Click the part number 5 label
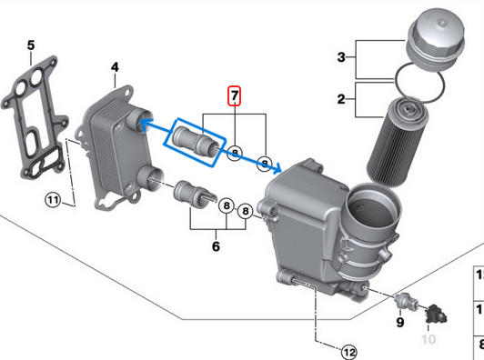pyautogui.click(x=31, y=45)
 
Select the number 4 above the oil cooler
pyautogui.click(x=116, y=67)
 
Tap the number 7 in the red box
pyautogui.click(x=235, y=95)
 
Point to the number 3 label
pyautogui.click(x=341, y=57)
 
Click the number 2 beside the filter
pyautogui.click(x=341, y=98)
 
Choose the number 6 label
pyautogui.click(x=217, y=245)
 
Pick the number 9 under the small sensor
pyautogui.click(x=398, y=323)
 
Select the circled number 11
pyautogui.click(x=53, y=199)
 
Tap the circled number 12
pyautogui.click(x=348, y=350)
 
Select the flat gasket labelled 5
pyautogui.click(x=34, y=118)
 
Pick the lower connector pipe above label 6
pyautogui.click(x=193, y=194)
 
